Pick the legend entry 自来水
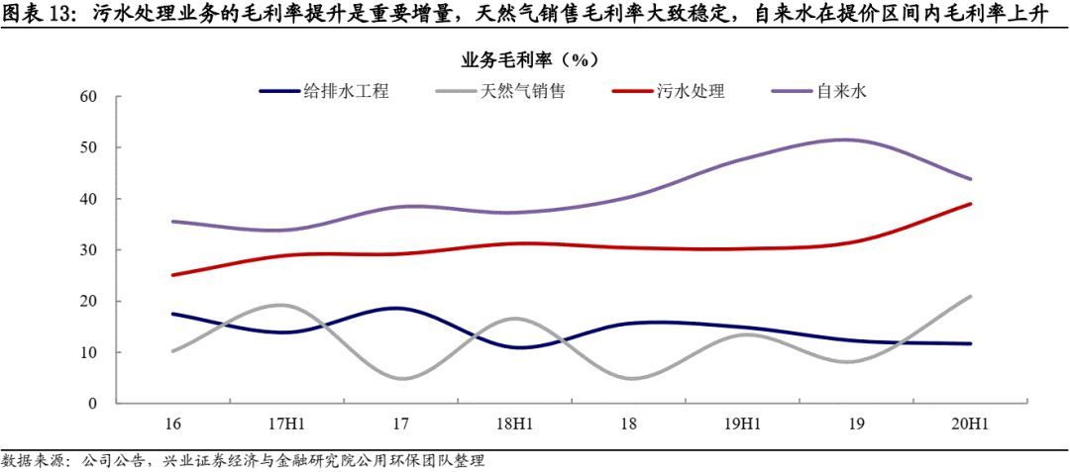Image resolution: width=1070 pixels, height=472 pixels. click(842, 91)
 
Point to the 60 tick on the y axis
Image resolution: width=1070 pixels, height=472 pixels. click(88, 97)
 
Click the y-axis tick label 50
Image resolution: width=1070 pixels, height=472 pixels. click(88, 147)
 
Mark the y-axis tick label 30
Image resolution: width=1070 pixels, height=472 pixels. click(88, 250)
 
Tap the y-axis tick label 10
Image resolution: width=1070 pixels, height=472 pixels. click(88, 352)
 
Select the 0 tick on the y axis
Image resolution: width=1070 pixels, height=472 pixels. click(92, 404)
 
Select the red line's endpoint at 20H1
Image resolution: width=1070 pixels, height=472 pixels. click(970, 204)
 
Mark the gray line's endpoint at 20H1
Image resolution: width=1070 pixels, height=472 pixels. click(970, 296)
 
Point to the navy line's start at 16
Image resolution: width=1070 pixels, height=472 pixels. click(173, 314)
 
